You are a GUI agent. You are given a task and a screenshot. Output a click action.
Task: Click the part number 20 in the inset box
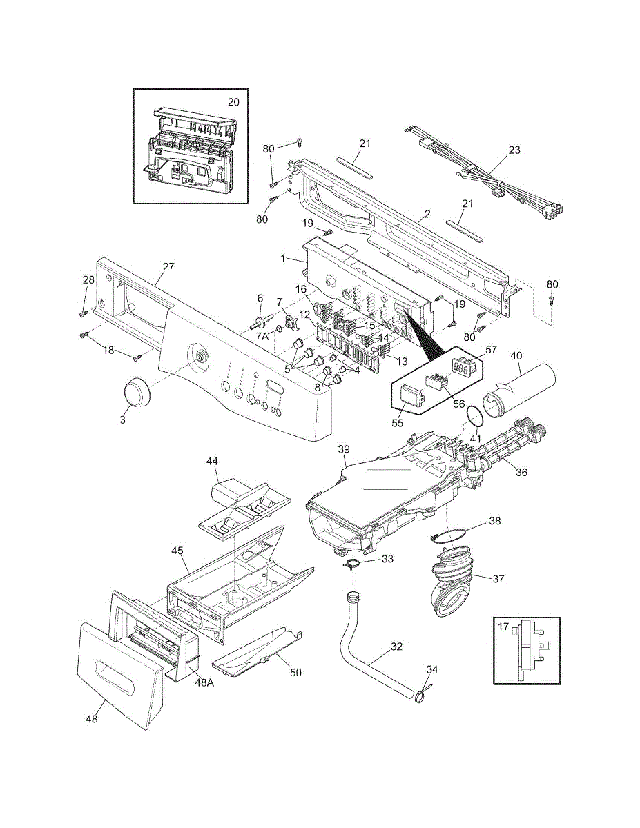click(233, 101)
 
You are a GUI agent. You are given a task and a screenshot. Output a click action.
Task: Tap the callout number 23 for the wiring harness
click(514, 149)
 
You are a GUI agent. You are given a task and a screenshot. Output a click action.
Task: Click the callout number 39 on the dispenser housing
click(345, 449)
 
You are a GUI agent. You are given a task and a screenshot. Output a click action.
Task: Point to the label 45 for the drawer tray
click(177, 551)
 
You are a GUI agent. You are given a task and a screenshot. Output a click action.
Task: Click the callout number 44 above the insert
click(212, 460)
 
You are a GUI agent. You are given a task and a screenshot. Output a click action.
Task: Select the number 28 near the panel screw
click(88, 279)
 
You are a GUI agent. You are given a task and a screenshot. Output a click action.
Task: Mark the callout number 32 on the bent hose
click(396, 647)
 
